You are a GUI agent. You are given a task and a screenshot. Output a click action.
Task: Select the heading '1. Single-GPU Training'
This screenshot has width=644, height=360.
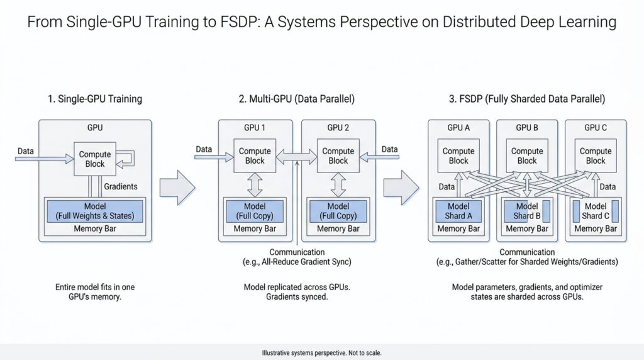coord(94,99)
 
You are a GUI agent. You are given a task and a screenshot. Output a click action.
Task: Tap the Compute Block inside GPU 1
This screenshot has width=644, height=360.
coord(255,155)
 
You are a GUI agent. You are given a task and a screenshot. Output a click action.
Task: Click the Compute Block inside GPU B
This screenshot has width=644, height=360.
coord(526,155)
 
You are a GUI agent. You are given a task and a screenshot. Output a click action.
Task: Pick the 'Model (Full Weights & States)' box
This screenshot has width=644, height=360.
coord(94,211)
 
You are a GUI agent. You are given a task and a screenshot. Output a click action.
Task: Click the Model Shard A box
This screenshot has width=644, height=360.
coord(458,211)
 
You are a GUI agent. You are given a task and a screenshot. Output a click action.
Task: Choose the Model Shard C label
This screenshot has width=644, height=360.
coord(596,211)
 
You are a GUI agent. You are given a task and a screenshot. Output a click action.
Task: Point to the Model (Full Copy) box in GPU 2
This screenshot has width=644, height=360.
coord(338,211)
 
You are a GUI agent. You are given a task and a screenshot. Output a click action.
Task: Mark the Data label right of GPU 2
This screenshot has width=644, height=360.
coord(390,149)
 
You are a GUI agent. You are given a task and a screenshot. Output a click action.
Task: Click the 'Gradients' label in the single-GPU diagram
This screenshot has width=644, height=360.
coord(121,187)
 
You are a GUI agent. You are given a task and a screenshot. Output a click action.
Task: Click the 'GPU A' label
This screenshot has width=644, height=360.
coord(458,127)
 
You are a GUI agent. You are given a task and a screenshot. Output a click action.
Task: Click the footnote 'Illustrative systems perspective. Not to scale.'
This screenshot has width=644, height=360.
coord(321,353)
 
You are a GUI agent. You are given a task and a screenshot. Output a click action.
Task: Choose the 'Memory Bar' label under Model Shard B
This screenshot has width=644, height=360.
coord(526,229)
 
